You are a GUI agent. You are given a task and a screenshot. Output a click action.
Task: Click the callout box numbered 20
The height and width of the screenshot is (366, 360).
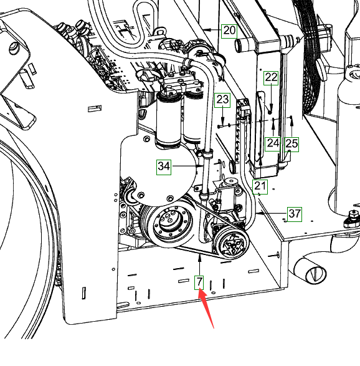229,31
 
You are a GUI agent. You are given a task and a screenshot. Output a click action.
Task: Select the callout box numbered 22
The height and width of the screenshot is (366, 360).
271,78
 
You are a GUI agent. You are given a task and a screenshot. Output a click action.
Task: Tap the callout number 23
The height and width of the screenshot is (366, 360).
222,100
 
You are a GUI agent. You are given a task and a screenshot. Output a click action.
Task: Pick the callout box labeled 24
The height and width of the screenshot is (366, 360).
273,144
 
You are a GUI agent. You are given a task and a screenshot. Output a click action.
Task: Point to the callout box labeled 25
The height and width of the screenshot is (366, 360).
291,144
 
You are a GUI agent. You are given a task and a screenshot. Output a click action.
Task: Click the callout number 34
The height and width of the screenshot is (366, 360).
164,167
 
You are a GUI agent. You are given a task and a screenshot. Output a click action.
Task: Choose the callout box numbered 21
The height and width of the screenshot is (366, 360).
260,186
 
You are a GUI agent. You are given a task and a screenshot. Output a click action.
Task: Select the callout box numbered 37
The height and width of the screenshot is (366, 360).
295,214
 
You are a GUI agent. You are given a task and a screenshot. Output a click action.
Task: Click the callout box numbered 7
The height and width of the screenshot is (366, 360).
199,282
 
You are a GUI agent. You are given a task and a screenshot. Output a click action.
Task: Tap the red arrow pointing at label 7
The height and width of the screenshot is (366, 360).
206,308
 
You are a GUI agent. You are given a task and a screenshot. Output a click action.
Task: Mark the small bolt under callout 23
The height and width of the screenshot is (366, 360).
220,127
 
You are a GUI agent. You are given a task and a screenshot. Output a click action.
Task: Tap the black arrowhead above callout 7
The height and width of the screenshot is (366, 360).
199,258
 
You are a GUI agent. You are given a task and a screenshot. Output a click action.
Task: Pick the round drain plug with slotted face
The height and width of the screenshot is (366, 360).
315,273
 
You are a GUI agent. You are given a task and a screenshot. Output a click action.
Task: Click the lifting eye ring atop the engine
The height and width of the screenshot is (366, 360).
160,31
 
